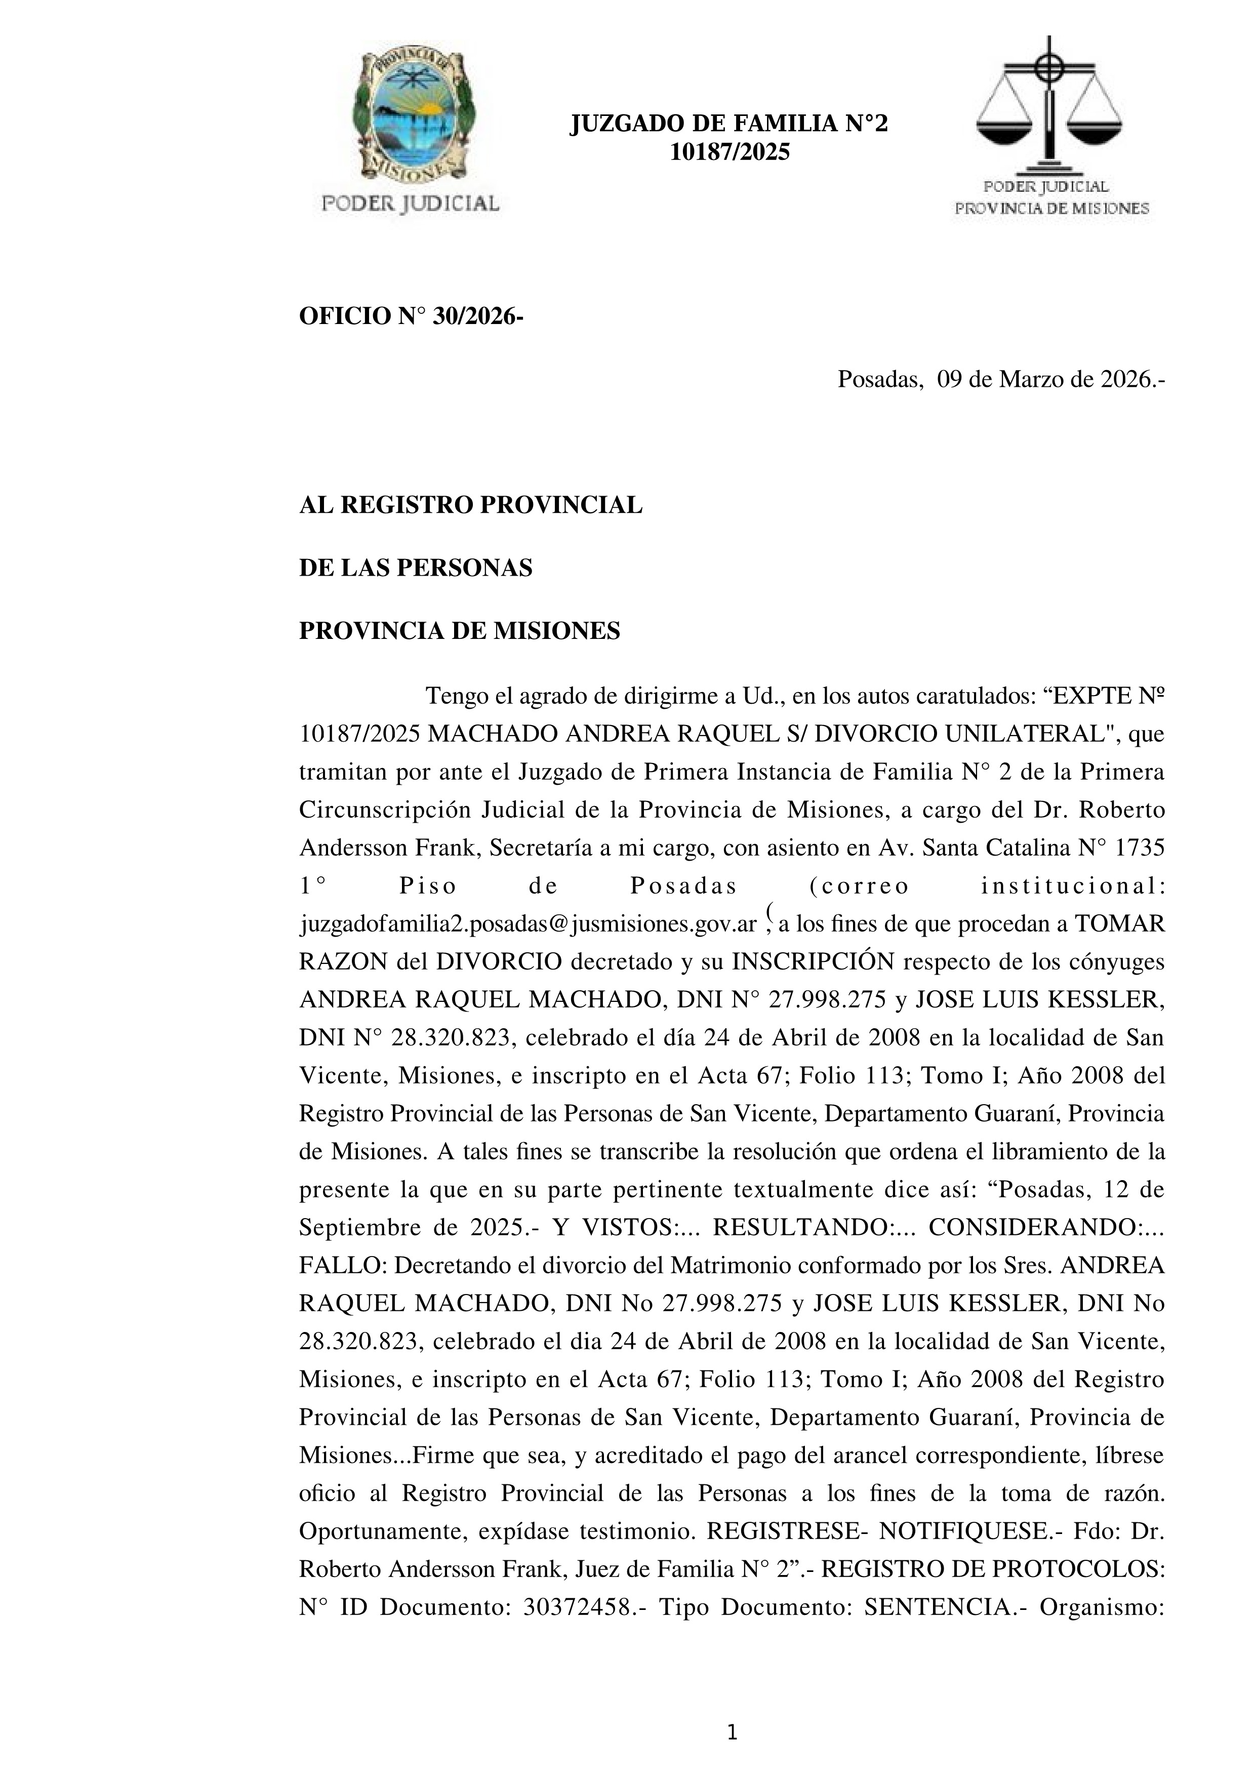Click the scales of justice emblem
[1049, 104]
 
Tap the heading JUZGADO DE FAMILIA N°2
[728, 124]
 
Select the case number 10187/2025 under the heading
[730, 152]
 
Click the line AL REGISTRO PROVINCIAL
[470, 505]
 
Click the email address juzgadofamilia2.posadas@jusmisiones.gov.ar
[528, 924]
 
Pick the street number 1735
[1139, 848]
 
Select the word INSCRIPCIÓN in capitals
[814, 961]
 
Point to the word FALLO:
[343, 1266]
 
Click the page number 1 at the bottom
[732, 1733]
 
